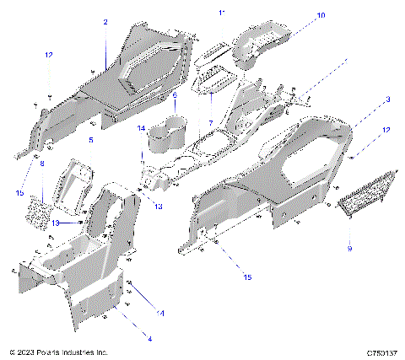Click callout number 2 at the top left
[x=105, y=23]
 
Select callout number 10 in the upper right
[x=321, y=16]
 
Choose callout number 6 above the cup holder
[x=174, y=95]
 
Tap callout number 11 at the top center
[x=222, y=13]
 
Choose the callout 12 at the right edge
[x=386, y=130]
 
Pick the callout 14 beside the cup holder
[x=140, y=127]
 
